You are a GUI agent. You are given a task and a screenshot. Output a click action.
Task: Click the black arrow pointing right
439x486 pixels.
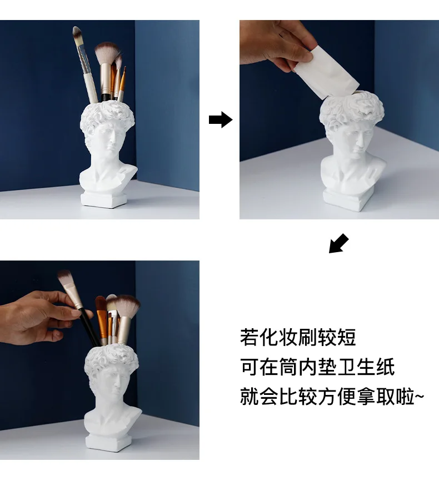pos(221,119)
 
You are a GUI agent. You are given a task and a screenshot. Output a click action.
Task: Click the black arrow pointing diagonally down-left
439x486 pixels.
pos(338,243)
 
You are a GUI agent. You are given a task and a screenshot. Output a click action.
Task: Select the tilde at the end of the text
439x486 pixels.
pos(419,396)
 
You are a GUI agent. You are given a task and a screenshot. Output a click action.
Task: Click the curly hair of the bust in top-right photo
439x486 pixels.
pos(352,111)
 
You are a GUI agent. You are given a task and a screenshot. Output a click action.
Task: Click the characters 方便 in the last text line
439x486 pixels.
pos(337,397)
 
